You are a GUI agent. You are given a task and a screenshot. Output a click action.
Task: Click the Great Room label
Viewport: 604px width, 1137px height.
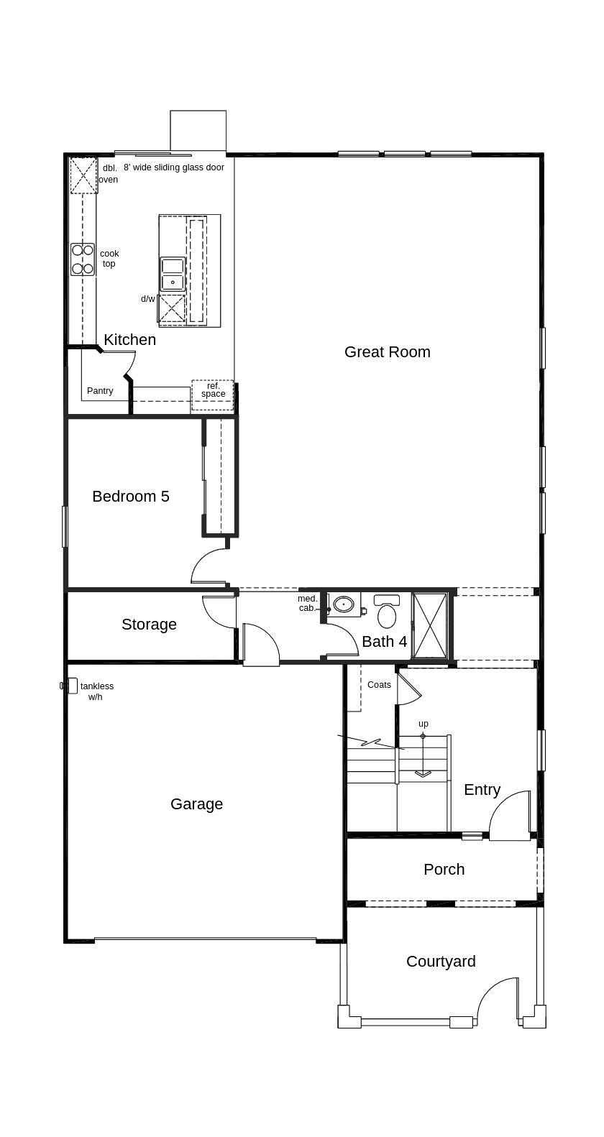point(387,351)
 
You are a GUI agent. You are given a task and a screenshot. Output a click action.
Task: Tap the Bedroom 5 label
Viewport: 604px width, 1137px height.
point(131,496)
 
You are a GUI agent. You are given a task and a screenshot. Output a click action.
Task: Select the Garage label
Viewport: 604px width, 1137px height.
point(196,804)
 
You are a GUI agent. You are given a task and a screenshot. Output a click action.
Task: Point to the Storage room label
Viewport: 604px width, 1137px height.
point(149,625)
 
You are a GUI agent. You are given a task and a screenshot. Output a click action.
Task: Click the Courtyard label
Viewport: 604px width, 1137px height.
point(441,961)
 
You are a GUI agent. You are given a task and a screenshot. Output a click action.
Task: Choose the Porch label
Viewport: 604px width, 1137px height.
point(444,869)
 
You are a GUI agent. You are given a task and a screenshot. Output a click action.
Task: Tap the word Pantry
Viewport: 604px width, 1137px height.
point(100,391)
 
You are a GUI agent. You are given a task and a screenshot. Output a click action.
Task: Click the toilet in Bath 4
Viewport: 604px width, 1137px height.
point(387,611)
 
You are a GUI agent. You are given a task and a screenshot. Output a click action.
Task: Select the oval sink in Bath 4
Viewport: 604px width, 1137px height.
point(344,604)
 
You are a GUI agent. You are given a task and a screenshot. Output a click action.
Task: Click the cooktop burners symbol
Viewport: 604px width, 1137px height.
point(82,259)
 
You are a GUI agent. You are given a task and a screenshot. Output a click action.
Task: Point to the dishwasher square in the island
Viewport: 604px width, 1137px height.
point(172,308)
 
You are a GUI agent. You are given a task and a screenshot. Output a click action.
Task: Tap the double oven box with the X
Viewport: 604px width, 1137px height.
point(83,175)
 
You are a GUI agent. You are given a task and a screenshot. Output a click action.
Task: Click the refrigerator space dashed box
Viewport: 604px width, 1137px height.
point(213,395)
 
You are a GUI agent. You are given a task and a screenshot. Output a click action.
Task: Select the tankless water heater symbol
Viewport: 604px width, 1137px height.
point(69,686)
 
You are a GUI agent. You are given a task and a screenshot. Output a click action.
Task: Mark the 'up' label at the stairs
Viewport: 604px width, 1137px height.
point(423,724)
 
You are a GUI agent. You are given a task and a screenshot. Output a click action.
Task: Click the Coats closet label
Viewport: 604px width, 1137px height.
point(379,685)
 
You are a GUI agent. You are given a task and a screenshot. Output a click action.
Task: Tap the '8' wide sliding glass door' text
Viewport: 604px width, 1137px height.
point(174,167)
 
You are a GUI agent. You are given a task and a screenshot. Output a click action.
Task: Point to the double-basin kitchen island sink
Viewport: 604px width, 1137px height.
point(173,275)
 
